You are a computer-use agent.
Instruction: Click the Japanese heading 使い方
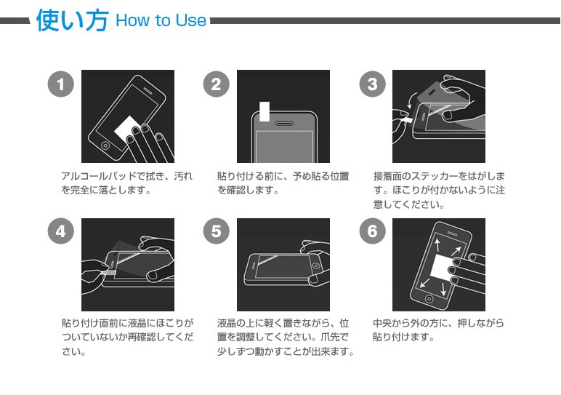pos(71,20)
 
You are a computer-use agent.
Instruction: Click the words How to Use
pos(161,20)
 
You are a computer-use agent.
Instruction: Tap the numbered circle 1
pos(60,84)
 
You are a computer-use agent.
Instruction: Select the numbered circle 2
pos(216,84)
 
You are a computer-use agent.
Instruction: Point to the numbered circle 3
pos(372,84)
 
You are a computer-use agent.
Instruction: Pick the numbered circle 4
pos(60,232)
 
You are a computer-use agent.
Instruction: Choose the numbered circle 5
pos(216,232)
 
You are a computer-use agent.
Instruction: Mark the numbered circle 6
pos(372,232)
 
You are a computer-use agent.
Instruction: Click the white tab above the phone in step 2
pos(265,110)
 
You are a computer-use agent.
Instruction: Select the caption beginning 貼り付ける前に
pos(283,183)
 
